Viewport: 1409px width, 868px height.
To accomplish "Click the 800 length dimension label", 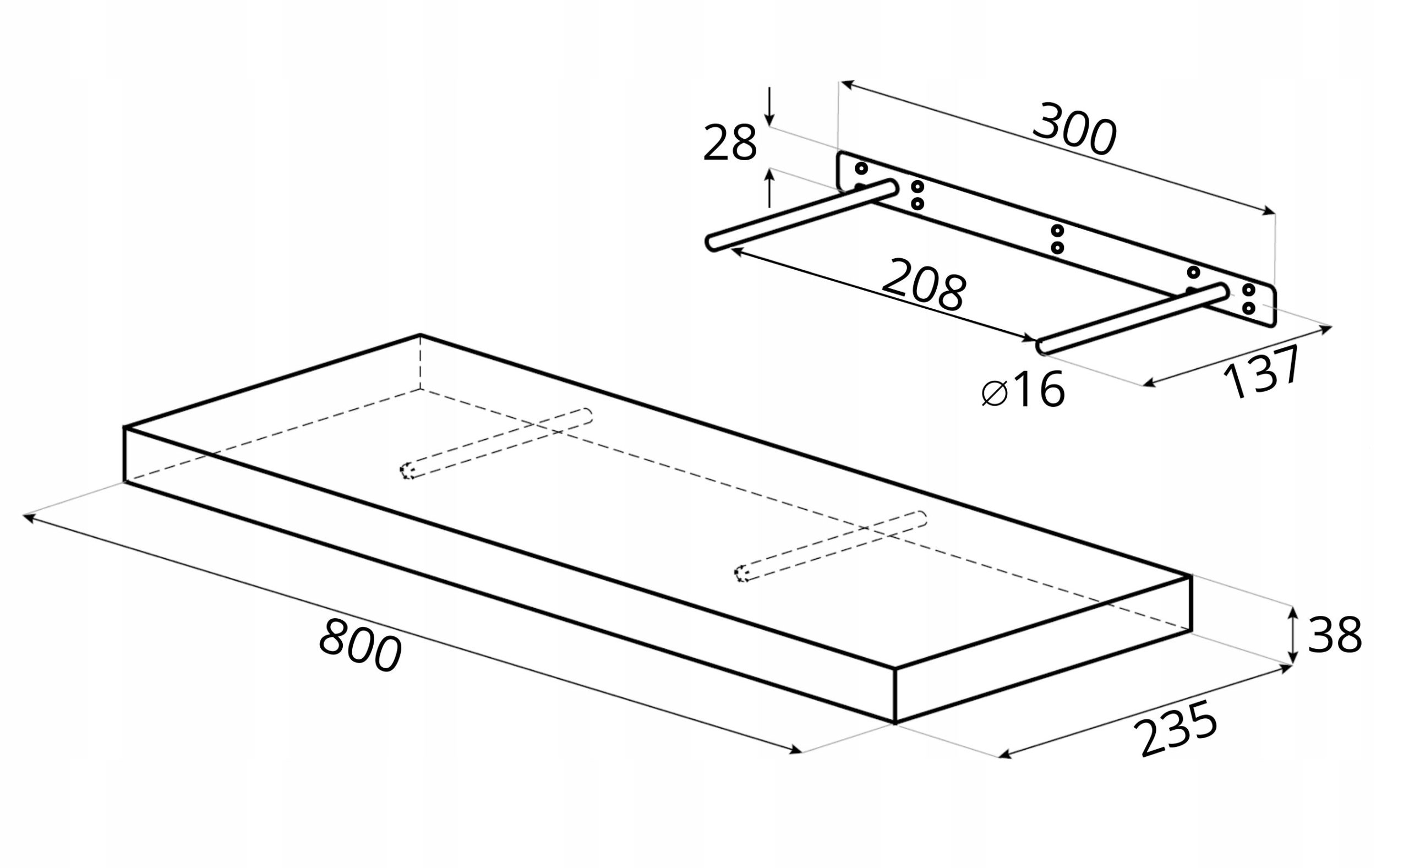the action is point(360,645).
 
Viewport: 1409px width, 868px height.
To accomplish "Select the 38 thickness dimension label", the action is point(1334,635).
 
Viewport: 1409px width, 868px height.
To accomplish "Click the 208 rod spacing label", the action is point(924,285).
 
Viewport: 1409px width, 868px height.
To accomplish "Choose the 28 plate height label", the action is point(730,143).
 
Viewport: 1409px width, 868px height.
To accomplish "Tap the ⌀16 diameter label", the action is point(1023,390).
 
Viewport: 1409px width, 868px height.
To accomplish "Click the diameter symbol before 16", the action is point(995,393).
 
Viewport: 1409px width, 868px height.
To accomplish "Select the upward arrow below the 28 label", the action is point(769,187).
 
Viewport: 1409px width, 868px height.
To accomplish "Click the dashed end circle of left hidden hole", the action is point(407,471).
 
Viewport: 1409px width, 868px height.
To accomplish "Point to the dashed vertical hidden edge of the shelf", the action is point(420,362).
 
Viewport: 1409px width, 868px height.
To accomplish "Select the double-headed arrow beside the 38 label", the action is point(1292,635).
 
